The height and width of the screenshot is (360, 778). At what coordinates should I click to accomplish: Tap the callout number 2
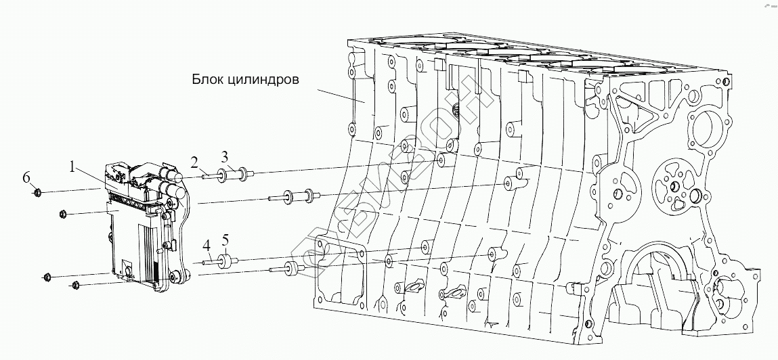[194, 162]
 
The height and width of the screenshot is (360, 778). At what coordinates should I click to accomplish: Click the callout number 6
[26, 177]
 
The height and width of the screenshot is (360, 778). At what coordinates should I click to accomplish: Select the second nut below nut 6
[48, 276]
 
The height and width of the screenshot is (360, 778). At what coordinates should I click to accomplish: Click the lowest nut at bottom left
[75, 285]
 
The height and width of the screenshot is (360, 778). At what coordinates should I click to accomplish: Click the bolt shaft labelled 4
[209, 261]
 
